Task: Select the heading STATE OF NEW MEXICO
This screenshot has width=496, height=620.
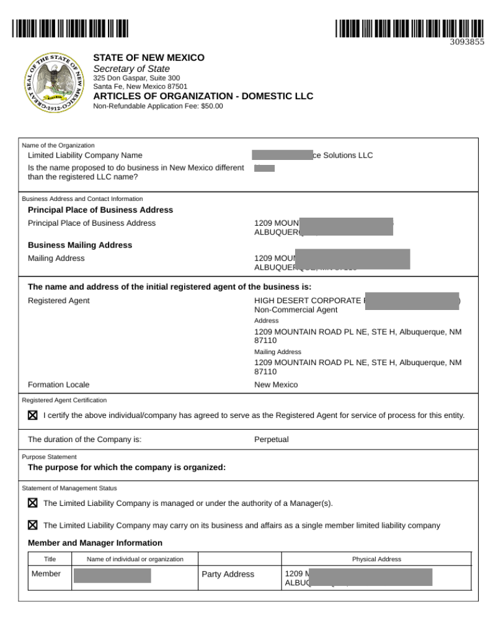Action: tap(148, 58)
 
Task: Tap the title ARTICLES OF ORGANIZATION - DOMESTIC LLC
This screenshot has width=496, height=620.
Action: tap(203, 96)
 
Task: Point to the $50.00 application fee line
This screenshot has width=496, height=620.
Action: tap(157, 106)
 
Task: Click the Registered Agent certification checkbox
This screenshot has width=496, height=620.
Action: tap(33, 415)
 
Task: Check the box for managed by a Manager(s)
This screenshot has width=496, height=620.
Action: tap(33, 503)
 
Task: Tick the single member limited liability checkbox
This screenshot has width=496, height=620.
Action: tap(33, 525)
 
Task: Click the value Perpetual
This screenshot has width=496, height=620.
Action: tap(271, 440)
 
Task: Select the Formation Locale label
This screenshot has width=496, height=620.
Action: tap(58, 384)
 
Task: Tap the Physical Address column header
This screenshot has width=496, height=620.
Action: tap(376, 559)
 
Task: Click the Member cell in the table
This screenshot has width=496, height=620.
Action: tap(46, 574)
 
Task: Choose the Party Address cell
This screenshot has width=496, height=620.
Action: tap(228, 575)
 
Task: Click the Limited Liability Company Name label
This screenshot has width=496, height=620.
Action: tap(85, 155)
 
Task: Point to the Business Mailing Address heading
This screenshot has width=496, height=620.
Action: tap(80, 245)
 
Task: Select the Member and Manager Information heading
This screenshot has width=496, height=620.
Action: tap(95, 543)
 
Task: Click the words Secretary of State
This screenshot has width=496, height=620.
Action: tap(131, 69)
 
